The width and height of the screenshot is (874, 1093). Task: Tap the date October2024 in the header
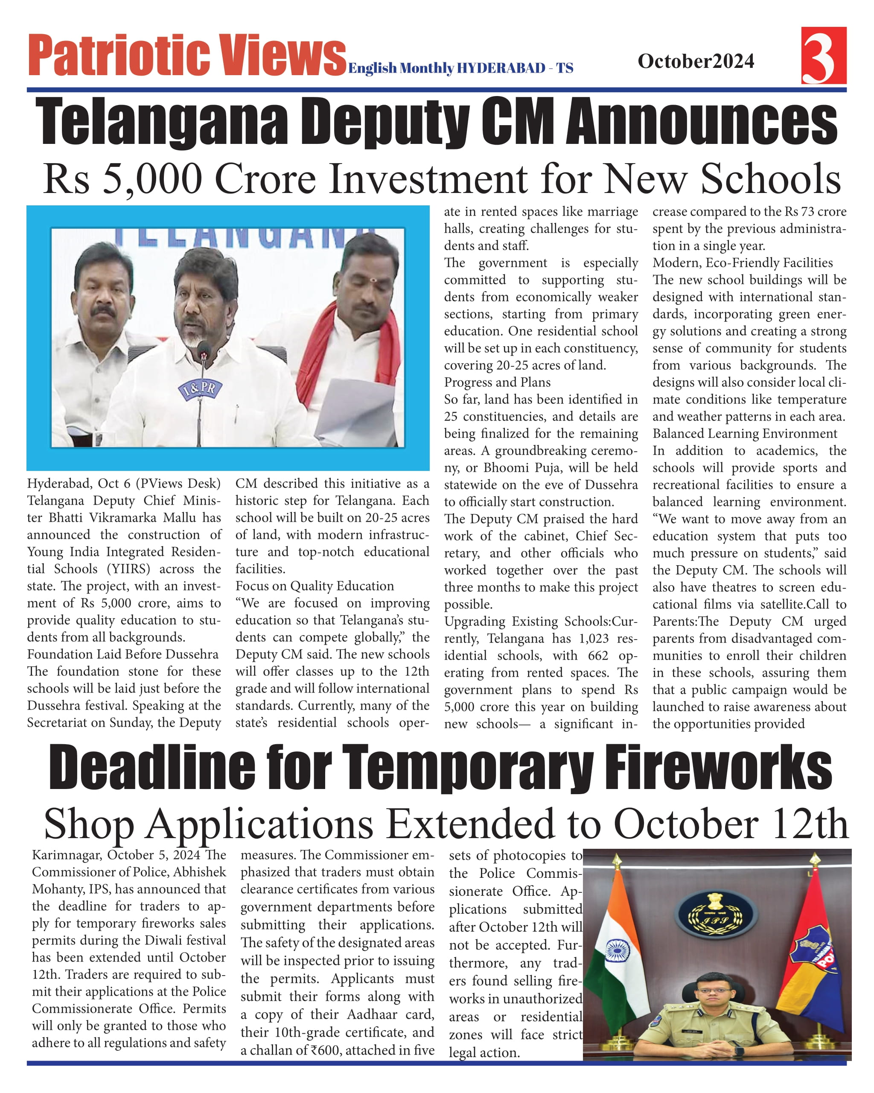tap(696, 61)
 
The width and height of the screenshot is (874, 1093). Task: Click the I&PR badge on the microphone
tap(200, 390)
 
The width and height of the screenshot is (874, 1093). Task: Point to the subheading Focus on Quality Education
tap(314, 586)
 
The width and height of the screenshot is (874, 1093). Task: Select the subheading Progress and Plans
tap(497, 382)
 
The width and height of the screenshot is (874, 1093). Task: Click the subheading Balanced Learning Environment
tap(744, 433)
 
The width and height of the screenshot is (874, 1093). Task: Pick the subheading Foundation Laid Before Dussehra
tap(122, 654)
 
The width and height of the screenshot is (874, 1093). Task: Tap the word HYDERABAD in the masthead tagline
tap(501, 68)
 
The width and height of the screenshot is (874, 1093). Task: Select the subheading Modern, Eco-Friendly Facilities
tap(742, 263)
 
